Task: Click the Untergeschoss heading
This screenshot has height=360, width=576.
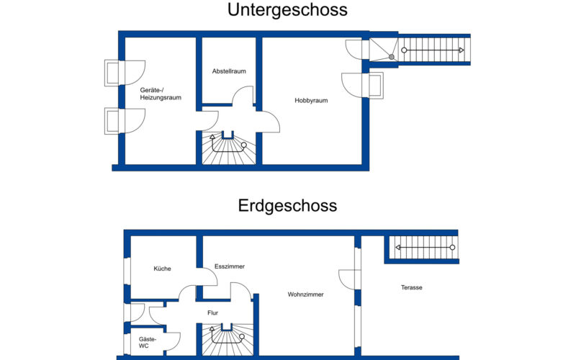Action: coord(287,10)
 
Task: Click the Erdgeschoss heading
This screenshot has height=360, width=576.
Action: coord(287,206)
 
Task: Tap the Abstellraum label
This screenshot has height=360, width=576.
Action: coord(229,71)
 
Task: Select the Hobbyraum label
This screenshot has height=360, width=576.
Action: coord(311,101)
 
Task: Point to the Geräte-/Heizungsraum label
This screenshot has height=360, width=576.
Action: coord(161,94)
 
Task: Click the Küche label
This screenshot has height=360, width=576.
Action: coord(163,269)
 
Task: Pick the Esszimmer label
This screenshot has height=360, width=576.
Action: coord(230,266)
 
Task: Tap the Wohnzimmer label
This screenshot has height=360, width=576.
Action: coord(305,294)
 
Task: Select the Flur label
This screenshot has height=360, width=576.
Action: coord(212,312)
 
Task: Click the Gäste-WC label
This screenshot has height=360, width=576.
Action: coord(148,343)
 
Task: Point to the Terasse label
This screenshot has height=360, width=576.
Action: coord(411,287)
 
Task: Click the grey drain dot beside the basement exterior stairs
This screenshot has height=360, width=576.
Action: coord(392,57)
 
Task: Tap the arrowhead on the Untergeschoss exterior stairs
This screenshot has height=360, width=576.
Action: coord(462,50)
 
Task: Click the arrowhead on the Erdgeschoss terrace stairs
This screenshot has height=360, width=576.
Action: coord(397,248)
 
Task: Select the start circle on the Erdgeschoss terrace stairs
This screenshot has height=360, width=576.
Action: coord(453,248)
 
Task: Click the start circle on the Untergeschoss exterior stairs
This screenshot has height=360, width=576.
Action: coord(404,50)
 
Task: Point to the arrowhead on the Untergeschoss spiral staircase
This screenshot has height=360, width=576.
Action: coord(212,137)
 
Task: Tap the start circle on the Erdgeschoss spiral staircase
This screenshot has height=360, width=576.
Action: coord(242,336)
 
